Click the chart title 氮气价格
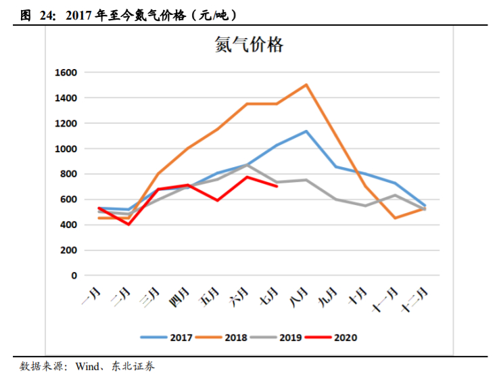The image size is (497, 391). pos(249,45)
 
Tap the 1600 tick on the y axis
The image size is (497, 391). pos(66,72)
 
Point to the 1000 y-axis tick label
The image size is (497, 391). pos(66,149)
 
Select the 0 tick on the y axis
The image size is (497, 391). pos(74,276)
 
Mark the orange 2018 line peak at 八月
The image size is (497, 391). pos(306,85)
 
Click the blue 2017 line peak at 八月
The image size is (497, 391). pos(306,131)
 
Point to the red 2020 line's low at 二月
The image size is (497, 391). pos(128,224)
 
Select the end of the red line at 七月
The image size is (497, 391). pos(277,186)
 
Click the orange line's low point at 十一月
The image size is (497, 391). pos(395,218)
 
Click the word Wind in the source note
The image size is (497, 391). pos(88,367)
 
